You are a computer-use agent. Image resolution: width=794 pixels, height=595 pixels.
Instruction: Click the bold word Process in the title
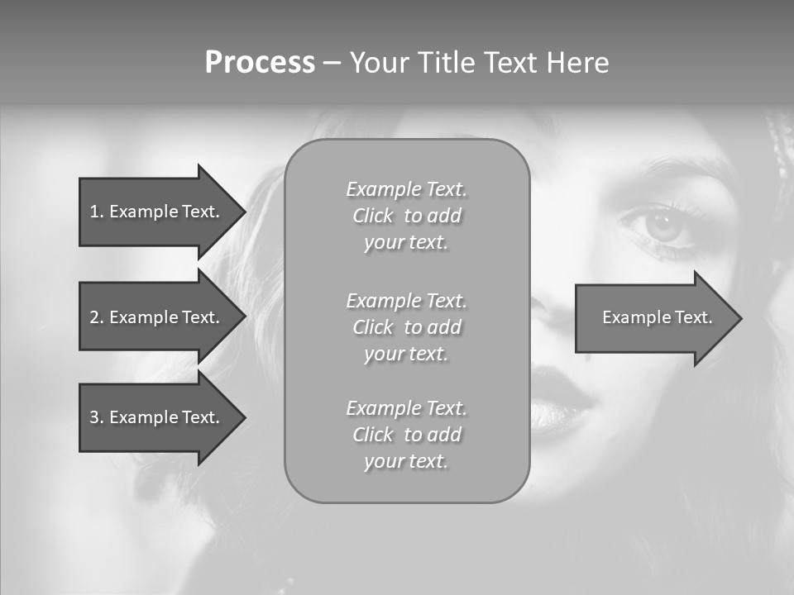pyautogui.click(x=260, y=63)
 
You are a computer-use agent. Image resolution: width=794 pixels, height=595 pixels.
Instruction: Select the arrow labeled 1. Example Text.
pyautogui.click(x=154, y=212)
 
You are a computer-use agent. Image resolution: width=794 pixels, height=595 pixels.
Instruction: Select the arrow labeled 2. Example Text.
pyautogui.click(x=154, y=317)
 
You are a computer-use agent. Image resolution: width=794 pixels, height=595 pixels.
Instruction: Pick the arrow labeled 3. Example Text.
pyautogui.click(x=154, y=417)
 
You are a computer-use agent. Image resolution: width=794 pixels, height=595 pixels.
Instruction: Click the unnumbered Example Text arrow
pyautogui.click(x=657, y=317)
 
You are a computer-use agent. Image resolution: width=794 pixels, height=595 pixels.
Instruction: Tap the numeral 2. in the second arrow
pyautogui.click(x=97, y=317)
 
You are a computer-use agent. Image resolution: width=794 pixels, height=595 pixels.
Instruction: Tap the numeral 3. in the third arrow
pyautogui.click(x=97, y=417)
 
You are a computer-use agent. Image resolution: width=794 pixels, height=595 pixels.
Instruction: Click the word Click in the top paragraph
pyautogui.click(x=373, y=217)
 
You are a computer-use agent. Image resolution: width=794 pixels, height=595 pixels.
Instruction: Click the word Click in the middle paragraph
pyautogui.click(x=373, y=327)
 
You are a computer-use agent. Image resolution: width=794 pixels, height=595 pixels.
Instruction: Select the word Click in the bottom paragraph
pyautogui.click(x=373, y=435)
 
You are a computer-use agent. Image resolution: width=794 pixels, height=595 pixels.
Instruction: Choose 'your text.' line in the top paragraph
pyautogui.click(x=406, y=243)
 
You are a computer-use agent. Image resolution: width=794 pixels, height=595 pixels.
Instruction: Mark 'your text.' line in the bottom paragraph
pyautogui.click(x=406, y=461)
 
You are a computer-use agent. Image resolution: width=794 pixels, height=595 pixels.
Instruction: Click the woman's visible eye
pyautogui.click(x=659, y=225)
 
